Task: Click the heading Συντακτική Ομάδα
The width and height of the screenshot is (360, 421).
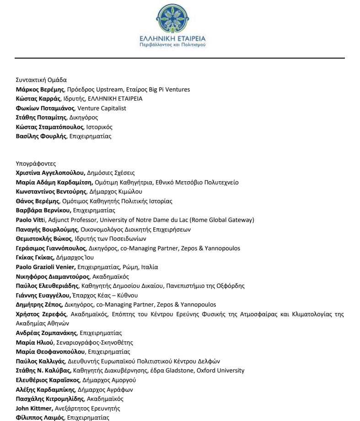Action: [x=41, y=80]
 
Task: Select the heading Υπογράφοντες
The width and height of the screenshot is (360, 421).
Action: [x=34, y=163]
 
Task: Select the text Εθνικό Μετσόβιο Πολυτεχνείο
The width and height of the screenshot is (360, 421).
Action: [x=199, y=182]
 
